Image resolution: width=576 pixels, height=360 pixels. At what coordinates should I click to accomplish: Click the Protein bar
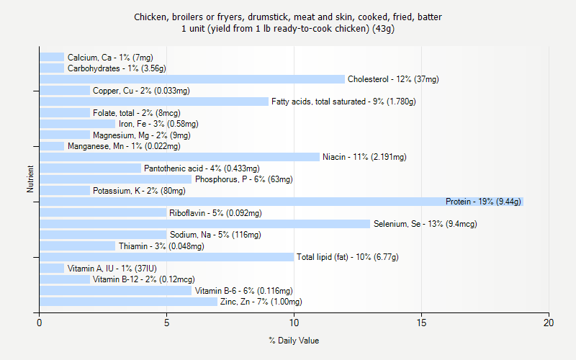tap(281, 202)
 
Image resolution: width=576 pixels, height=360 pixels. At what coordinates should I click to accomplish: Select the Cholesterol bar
tap(192, 79)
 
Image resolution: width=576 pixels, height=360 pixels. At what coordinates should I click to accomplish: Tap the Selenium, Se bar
tap(204, 224)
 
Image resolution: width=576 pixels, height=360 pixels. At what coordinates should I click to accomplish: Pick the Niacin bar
tap(179, 157)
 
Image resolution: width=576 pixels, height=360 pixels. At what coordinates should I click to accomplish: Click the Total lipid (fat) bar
tap(166, 257)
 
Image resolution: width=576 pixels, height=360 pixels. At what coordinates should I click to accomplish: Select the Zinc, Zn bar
tap(128, 302)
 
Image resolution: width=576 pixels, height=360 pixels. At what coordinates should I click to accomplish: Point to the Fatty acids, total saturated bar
tap(154, 102)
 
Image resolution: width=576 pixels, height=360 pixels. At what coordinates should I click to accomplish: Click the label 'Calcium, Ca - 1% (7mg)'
tap(110, 58)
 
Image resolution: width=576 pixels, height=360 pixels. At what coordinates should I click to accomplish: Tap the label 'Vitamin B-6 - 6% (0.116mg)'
tap(244, 291)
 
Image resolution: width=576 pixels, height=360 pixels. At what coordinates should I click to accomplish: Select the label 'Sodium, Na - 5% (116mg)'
tap(215, 235)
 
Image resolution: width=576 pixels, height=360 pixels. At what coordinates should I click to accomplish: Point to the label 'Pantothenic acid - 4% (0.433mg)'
tap(192, 168)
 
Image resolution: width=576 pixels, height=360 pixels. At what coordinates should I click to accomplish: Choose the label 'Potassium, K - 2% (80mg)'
tap(139, 191)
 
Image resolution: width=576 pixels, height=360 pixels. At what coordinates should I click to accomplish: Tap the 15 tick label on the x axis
tap(421, 323)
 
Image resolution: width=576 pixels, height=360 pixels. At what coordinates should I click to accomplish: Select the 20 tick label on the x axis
tap(549, 323)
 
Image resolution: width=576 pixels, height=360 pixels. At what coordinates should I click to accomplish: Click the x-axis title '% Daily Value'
tap(294, 341)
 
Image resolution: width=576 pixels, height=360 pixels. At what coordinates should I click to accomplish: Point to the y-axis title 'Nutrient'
tap(30, 179)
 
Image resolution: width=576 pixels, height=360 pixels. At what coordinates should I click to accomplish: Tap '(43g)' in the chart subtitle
tap(380, 29)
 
